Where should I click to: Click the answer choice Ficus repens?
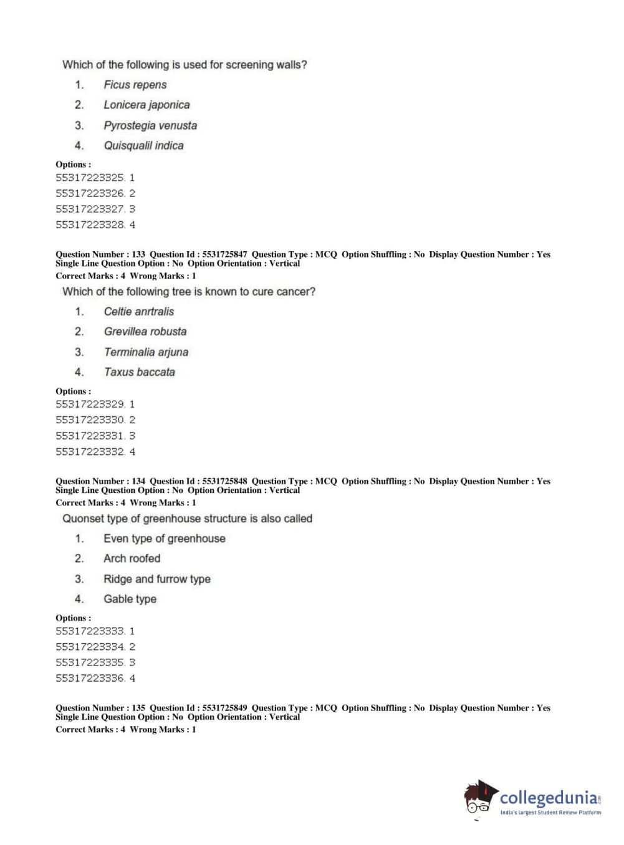[135, 85]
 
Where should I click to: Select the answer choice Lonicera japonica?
[146, 105]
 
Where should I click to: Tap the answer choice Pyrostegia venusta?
[150, 125]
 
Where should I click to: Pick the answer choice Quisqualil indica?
[143, 145]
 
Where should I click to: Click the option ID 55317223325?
[90, 178]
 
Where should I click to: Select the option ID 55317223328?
[90, 224]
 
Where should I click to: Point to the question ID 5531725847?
[224, 254]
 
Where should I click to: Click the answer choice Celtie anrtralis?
[138, 312]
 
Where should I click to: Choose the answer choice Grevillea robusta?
[145, 332]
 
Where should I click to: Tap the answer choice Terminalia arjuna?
[146, 352]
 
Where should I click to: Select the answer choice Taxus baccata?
[139, 372]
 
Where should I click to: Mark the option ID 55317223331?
[90, 436]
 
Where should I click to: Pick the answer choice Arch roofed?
[132, 558]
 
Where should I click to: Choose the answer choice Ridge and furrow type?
[156, 579]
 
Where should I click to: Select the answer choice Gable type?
[130, 599]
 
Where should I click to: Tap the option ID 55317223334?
[90, 647]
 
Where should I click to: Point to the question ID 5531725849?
[224, 708]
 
